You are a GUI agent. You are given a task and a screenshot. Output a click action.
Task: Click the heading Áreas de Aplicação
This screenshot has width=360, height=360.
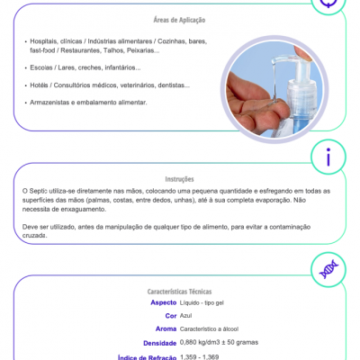click(x=181, y=20)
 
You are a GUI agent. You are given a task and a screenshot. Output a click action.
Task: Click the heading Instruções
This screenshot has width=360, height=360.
click(x=180, y=178)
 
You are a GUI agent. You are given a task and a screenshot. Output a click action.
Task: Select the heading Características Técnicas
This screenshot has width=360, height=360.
click(x=180, y=292)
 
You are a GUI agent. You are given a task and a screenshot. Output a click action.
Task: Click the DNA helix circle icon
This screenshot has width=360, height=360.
click(x=328, y=268)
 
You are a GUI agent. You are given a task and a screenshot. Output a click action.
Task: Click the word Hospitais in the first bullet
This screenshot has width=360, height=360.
click(x=46, y=42)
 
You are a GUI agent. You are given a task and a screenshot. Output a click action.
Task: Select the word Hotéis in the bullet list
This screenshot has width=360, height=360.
click(x=40, y=85)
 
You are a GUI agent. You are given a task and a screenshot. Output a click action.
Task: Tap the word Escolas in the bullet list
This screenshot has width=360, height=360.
click(x=41, y=67)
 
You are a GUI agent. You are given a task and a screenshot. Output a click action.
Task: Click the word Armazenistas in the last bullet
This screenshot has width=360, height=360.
click(x=52, y=102)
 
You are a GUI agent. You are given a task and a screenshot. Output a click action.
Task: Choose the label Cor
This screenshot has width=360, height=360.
click(x=170, y=316)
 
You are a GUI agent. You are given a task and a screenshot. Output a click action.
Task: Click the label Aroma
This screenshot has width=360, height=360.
click(x=165, y=329)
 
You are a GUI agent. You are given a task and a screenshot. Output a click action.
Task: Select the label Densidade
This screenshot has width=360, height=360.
click(x=159, y=343)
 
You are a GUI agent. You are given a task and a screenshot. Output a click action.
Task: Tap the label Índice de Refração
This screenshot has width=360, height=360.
click(x=147, y=356)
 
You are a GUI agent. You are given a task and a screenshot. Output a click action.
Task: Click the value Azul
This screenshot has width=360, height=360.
click(x=187, y=316)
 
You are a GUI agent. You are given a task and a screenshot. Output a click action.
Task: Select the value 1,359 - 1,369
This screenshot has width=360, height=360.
click(x=200, y=356)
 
